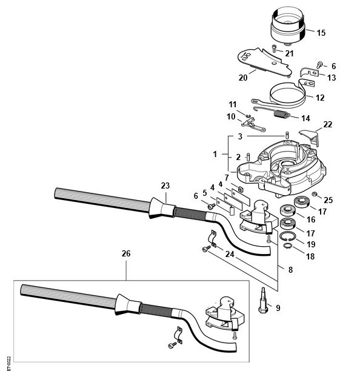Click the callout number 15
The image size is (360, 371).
point(321,33)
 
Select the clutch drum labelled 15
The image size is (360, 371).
point(288,26)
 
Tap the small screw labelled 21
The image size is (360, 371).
point(275,48)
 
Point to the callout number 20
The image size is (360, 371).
point(243,78)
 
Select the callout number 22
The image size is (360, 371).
point(328,124)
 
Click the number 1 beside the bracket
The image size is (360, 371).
point(215,154)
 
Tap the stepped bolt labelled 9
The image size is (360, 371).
point(263,300)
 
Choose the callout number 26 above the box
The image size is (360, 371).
point(126,253)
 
